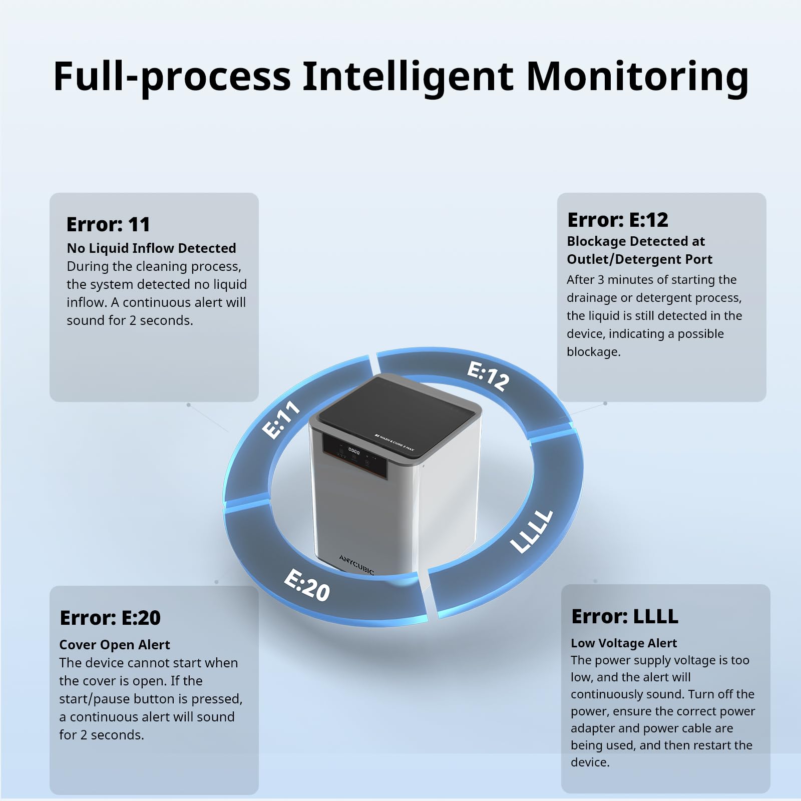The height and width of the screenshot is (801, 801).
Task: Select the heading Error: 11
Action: coord(108,224)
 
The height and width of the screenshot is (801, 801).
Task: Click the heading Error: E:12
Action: coord(618,220)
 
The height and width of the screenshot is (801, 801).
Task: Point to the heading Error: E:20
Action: coord(110,618)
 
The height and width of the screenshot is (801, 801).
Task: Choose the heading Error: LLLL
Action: coord(625,616)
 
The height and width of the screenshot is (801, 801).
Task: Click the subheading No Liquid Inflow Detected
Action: coord(151,248)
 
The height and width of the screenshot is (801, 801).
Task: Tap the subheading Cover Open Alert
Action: coord(115,645)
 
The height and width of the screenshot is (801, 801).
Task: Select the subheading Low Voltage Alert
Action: coord(624,643)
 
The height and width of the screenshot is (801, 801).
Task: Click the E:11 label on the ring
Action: coord(281,420)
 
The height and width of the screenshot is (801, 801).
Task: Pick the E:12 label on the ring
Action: coord(488,376)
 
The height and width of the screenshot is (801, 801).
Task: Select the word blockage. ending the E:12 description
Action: coord(593,352)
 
